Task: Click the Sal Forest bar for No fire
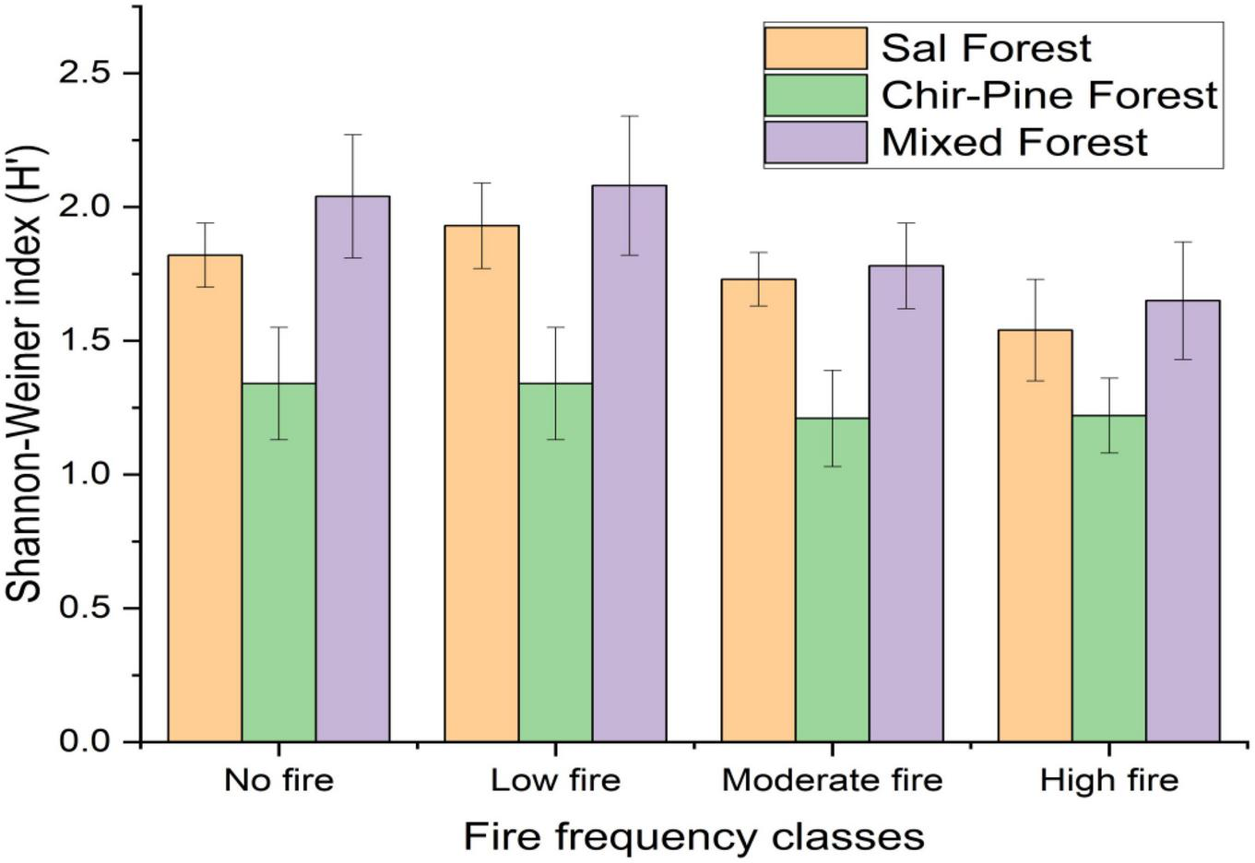click(205, 498)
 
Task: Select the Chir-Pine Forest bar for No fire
click(278, 562)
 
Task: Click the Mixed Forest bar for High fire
click(1182, 521)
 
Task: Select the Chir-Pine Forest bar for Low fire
click(555, 562)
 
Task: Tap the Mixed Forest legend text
click(1014, 143)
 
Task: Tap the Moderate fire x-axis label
click(832, 781)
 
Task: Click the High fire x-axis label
click(1108, 781)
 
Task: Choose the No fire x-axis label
click(278, 781)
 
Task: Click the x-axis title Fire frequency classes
click(693, 837)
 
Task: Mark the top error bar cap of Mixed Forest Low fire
click(629, 116)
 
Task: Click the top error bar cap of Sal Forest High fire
click(1035, 279)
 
